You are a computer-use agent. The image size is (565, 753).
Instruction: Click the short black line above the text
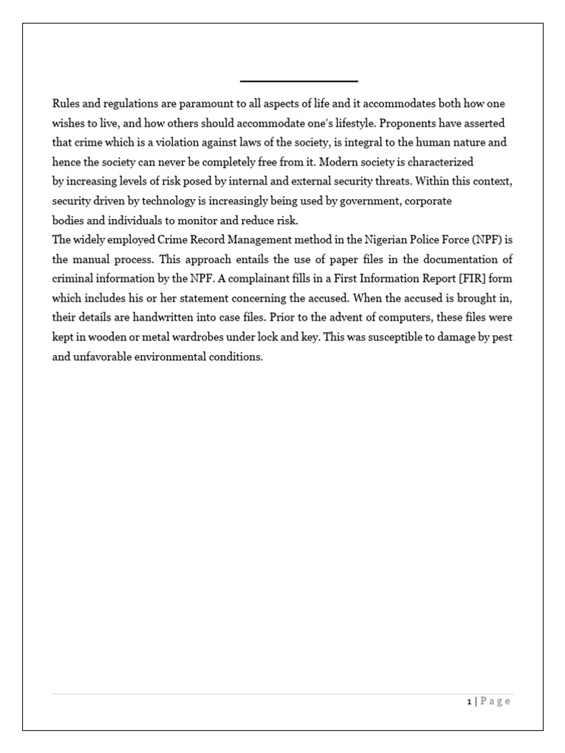(x=299, y=81)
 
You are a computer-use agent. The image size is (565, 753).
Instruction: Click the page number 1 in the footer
(x=469, y=702)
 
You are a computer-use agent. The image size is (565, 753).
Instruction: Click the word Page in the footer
(x=497, y=702)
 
